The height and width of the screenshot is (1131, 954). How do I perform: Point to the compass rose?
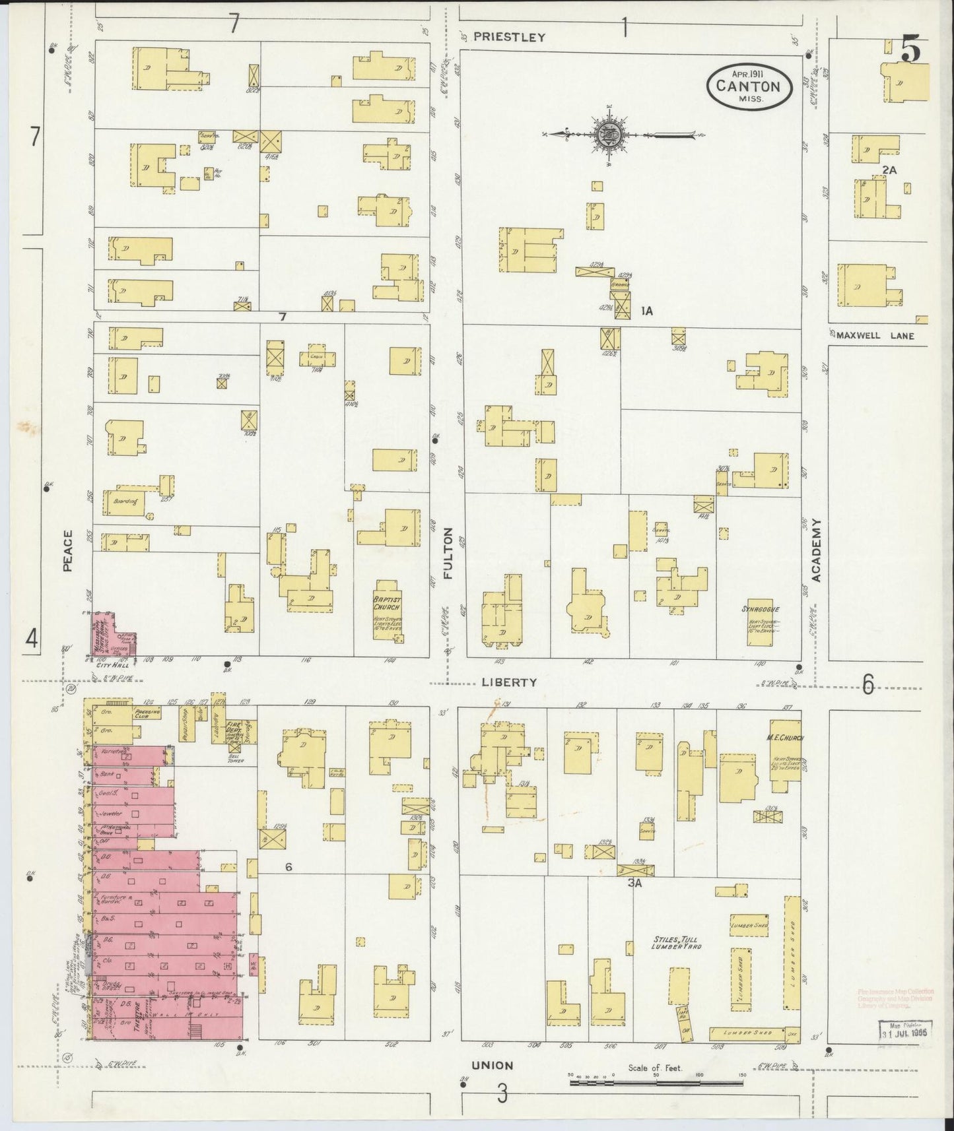(x=607, y=135)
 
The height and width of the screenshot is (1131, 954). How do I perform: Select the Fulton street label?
(x=449, y=553)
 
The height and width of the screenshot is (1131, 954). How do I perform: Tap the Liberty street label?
(x=509, y=682)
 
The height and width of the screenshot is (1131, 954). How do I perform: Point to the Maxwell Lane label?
(x=875, y=335)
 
